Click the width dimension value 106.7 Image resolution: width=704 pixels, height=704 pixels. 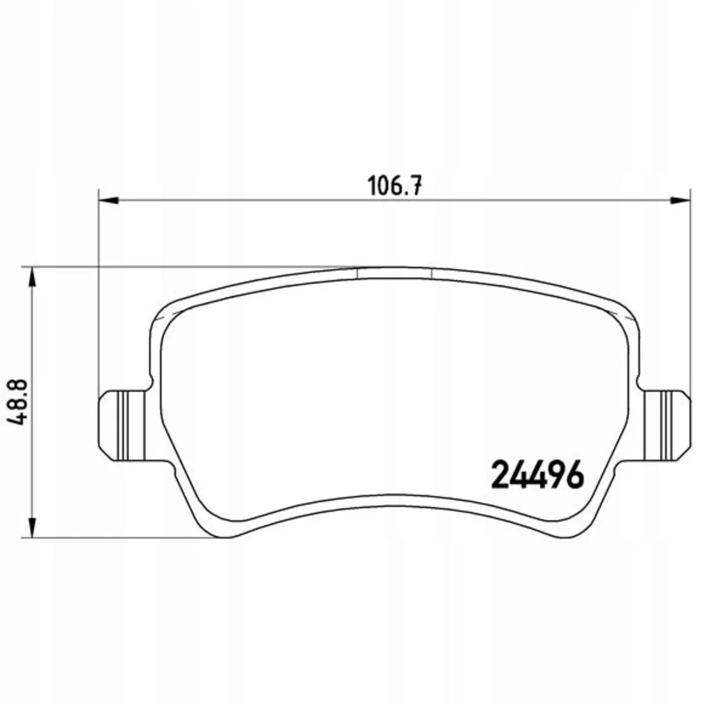coord(395,185)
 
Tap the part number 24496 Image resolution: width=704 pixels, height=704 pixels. coord(538,475)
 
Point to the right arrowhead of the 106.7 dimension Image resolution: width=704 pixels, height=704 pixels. coord(679,200)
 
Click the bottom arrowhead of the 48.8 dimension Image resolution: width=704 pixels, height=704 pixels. coord(32,527)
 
